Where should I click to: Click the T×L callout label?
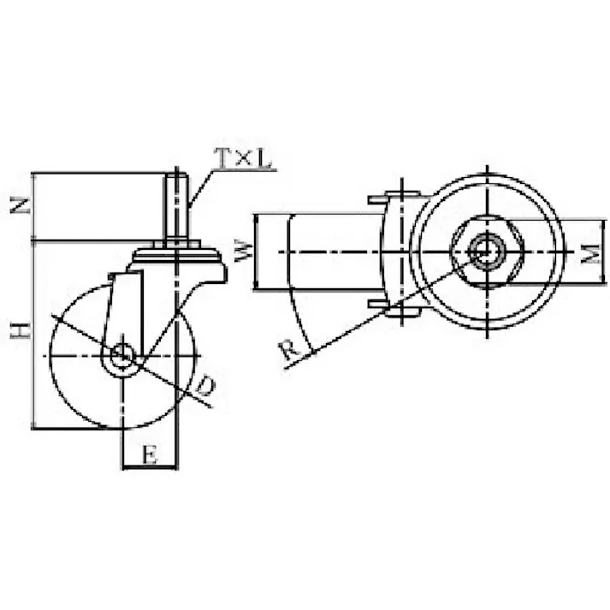pos(244,158)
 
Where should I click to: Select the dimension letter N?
pos(21,205)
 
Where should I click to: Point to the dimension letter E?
pos(150,454)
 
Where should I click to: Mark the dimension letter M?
pos(591,253)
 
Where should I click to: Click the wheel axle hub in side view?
pos(122,355)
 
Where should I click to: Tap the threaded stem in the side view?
pos(176,207)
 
